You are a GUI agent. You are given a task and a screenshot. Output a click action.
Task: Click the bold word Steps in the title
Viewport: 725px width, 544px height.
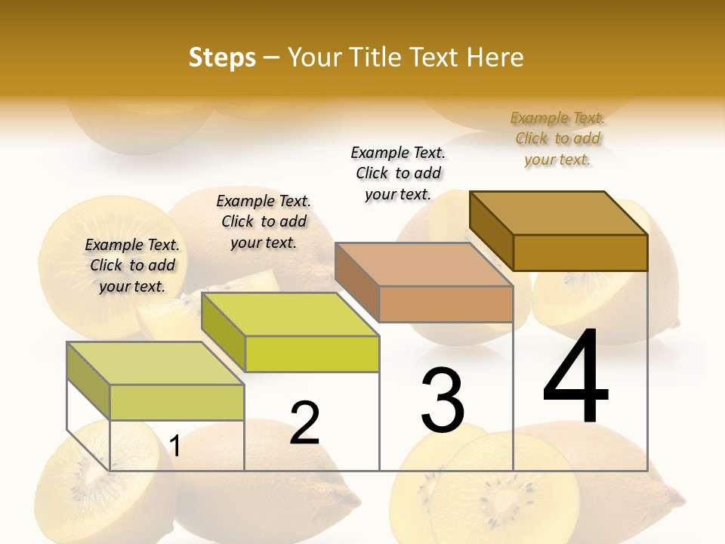pyautogui.click(x=222, y=57)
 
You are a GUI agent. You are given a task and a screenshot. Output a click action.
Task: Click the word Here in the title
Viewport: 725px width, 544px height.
pyautogui.click(x=495, y=57)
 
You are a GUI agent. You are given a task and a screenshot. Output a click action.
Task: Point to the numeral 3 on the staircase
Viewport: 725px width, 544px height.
pyautogui.click(x=442, y=400)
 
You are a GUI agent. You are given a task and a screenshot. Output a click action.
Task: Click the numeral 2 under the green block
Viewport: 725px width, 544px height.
pyautogui.click(x=304, y=423)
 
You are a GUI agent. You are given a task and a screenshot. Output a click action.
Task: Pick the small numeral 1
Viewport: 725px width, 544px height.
pyautogui.click(x=175, y=447)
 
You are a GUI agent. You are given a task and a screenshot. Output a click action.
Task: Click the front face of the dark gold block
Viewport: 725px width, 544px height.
pyautogui.click(x=580, y=252)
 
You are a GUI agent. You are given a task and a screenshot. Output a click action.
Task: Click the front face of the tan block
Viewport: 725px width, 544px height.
pyautogui.click(x=446, y=304)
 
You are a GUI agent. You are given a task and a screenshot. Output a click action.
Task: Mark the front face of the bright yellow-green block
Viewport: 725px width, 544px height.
pyautogui.click(x=312, y=354)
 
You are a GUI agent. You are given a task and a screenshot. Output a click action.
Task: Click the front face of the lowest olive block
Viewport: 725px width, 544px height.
pyautogui.click(x=177, y=402)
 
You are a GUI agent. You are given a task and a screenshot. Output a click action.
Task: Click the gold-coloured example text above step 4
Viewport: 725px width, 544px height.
pyautogui.click(x=557, y=138)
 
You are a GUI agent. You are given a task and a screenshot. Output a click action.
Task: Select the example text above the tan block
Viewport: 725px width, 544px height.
pyautogui.click(x=398, y=173)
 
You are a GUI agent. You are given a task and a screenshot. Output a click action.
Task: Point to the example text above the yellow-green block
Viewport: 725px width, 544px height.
pyautogui.click(x=264, y=221)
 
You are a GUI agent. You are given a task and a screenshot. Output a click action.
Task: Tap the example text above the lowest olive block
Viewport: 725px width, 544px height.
pyautogui.click(x=132, y=265)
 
